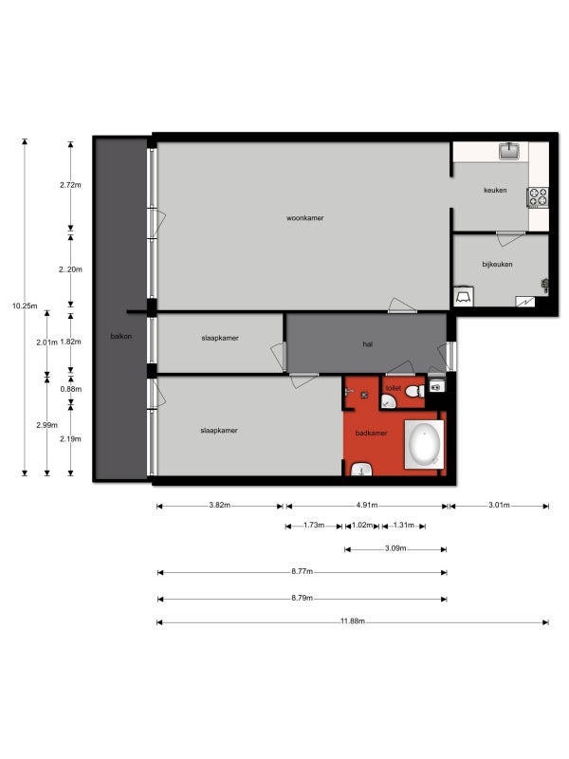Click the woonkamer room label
[304, 218]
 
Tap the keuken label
[495, 191]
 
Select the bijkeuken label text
[497, 265]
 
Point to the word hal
[367, 344]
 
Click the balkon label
[121, 336]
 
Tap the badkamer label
[371, 433]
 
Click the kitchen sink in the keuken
[509, 151]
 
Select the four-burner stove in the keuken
[538, 197]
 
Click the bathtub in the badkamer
[424, 444]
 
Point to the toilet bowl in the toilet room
[413, 391]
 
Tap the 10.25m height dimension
[25, 305]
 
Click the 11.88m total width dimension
[352, 621]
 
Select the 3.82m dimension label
[220, 505]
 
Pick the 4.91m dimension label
[367, 505]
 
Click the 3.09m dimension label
[395, 548]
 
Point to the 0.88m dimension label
[70, 389]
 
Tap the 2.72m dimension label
[70, 184]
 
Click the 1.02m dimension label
[362, 526]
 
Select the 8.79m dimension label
[302, 598]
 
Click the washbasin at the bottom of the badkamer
[361, 469]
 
